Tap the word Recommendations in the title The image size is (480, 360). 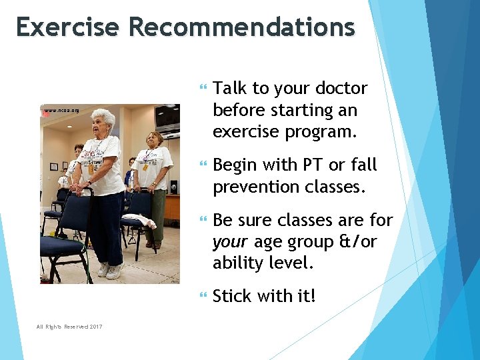pyautogui.click(x=242, y=27)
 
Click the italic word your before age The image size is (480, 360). pyautogui.click(x=231, y=241)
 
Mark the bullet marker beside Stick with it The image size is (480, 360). pyautogui.click(x=203, y=295)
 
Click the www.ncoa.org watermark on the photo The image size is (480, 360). pyautogui.click(x=61, y=110)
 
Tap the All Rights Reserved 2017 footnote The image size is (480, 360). pyautogui.click(x=69, y=326)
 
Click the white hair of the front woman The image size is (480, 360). pyautogui.click(x=103, y=117)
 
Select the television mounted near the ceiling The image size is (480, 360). pyautogui.click(x=167, y=118)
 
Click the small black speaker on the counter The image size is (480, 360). pyautogui.click(x=173, y=187)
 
